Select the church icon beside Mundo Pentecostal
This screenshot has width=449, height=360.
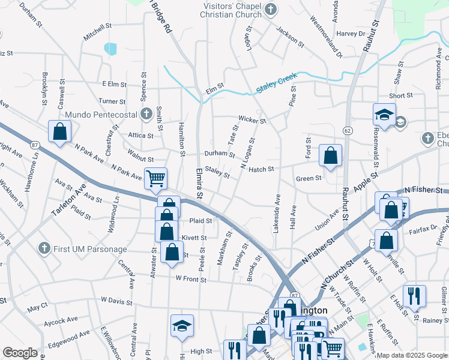tap(146, 113)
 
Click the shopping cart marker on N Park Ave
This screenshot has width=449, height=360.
tap(155, 178)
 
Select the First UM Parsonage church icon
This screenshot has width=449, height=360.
tap(43, 248)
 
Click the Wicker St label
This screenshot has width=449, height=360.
tap(252, 119)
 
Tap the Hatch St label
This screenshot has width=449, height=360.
tap(261, 169)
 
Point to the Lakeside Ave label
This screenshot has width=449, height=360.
tap(277, 210)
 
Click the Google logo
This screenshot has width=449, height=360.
tap(20, 353)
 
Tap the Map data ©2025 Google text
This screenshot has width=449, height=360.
tap(411, 355)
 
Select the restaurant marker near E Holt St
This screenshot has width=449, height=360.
tap(414, 295)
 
